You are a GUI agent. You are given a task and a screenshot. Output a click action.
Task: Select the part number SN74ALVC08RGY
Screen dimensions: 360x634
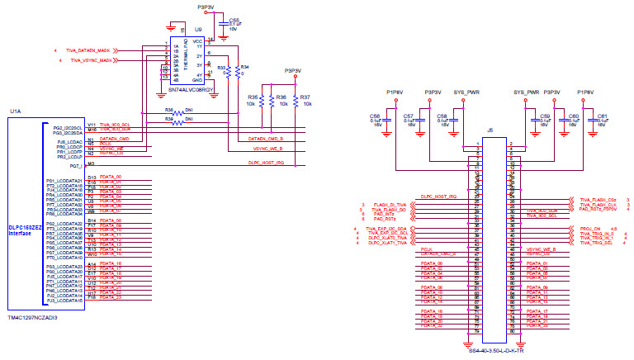pyautogui.click(x=191, y=88)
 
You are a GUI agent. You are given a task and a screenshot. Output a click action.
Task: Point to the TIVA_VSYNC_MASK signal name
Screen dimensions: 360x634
pyautogui.click(x=91, y=60)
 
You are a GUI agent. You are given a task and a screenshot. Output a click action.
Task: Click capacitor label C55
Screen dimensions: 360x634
pyautogui.click(x=234, y=19)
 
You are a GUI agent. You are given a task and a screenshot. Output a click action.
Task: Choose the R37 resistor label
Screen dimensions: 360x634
pyautogui.click(x=305, y=97)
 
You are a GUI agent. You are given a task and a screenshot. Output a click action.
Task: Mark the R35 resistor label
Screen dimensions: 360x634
pyautogui.click(x=253, y=97)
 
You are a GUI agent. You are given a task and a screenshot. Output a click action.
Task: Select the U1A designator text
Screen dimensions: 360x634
pyautogui.click(x=16, y=110)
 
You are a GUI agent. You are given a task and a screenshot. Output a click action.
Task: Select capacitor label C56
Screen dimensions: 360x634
pyautogui.click(x=376, y=116)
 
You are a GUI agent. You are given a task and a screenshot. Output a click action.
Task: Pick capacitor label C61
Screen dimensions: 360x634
pyautogui.click(x=603, y=116)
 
